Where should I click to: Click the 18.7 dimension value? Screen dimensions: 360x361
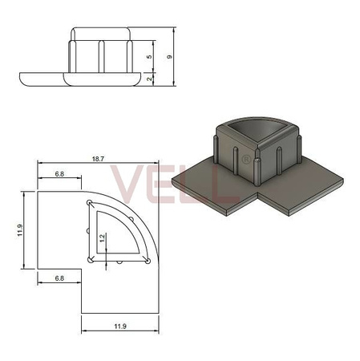click(98, 159)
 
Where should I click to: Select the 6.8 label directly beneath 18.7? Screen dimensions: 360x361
click(59, 174)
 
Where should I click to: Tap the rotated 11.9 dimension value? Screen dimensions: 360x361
click(20, 230)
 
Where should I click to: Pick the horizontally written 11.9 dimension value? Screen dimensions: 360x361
click(120, 327)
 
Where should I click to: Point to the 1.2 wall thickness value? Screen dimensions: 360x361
click(102, 238)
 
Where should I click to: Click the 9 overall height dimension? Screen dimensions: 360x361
click(169, 57)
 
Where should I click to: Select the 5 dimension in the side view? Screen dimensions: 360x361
click(149, 57)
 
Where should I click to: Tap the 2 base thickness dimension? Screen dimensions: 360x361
click(149, 79)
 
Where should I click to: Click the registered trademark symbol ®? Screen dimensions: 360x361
click(245, 160)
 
